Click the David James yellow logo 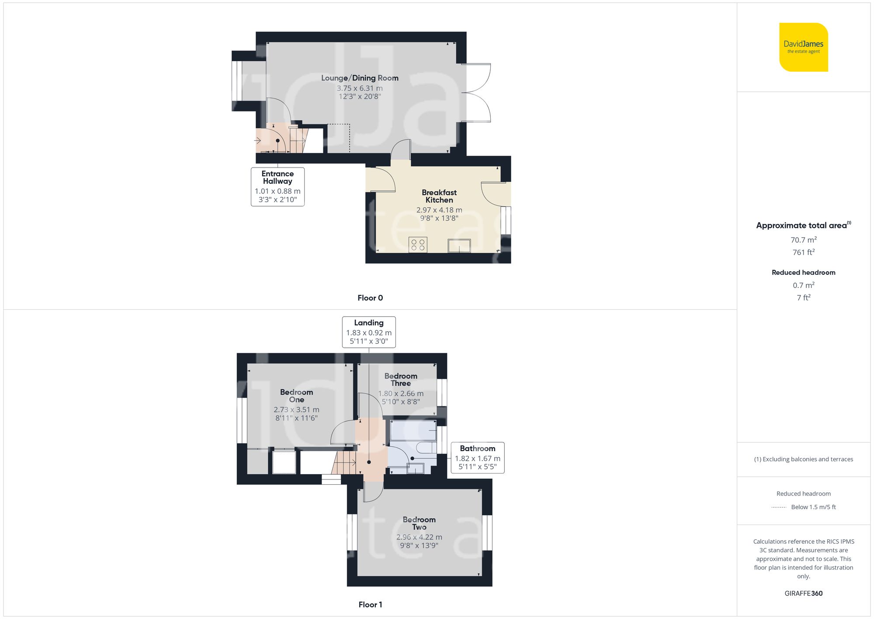click(803, 47)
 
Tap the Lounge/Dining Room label click(360, 78)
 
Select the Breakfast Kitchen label click(439, 196)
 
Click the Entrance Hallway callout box click(277, 187)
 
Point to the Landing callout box click(369, 332)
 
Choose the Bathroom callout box click(477, 458)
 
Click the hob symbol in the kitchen click(418, 245)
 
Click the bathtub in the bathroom click(413, 430)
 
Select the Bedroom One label click(296, 396)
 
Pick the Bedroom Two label click(419, 523)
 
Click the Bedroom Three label click(401, 380)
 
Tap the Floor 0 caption click(370, 298)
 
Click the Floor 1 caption click(370, 605)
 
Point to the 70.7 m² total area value click(803, 240)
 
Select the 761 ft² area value click(803, 252)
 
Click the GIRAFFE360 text click(803, 594)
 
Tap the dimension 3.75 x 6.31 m click(360, 88)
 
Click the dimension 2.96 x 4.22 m click(419, 537)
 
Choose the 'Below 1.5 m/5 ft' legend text click(813, 507)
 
